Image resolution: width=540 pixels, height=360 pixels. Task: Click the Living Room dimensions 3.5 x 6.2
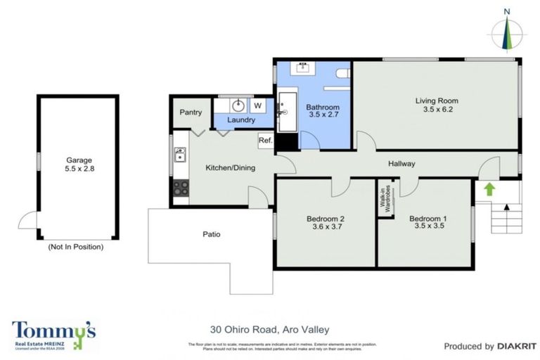coord(437,110)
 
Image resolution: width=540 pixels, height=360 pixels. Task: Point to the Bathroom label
coord(322,108)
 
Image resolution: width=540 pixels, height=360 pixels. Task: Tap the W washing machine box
coord(258,105)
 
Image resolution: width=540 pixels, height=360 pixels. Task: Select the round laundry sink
coord(239,106)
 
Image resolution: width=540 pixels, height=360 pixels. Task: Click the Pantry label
coord(191,112)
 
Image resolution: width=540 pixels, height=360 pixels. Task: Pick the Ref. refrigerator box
coord(265,141)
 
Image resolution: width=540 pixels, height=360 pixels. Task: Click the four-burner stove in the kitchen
coord(180,188)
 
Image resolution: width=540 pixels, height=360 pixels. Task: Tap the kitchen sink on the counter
coord(180,154)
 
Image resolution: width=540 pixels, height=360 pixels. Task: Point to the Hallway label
coord(401,164)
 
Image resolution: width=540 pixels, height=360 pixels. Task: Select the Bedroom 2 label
coord(325,219)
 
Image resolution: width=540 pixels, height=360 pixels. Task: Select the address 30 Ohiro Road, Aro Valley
coord(270,328)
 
